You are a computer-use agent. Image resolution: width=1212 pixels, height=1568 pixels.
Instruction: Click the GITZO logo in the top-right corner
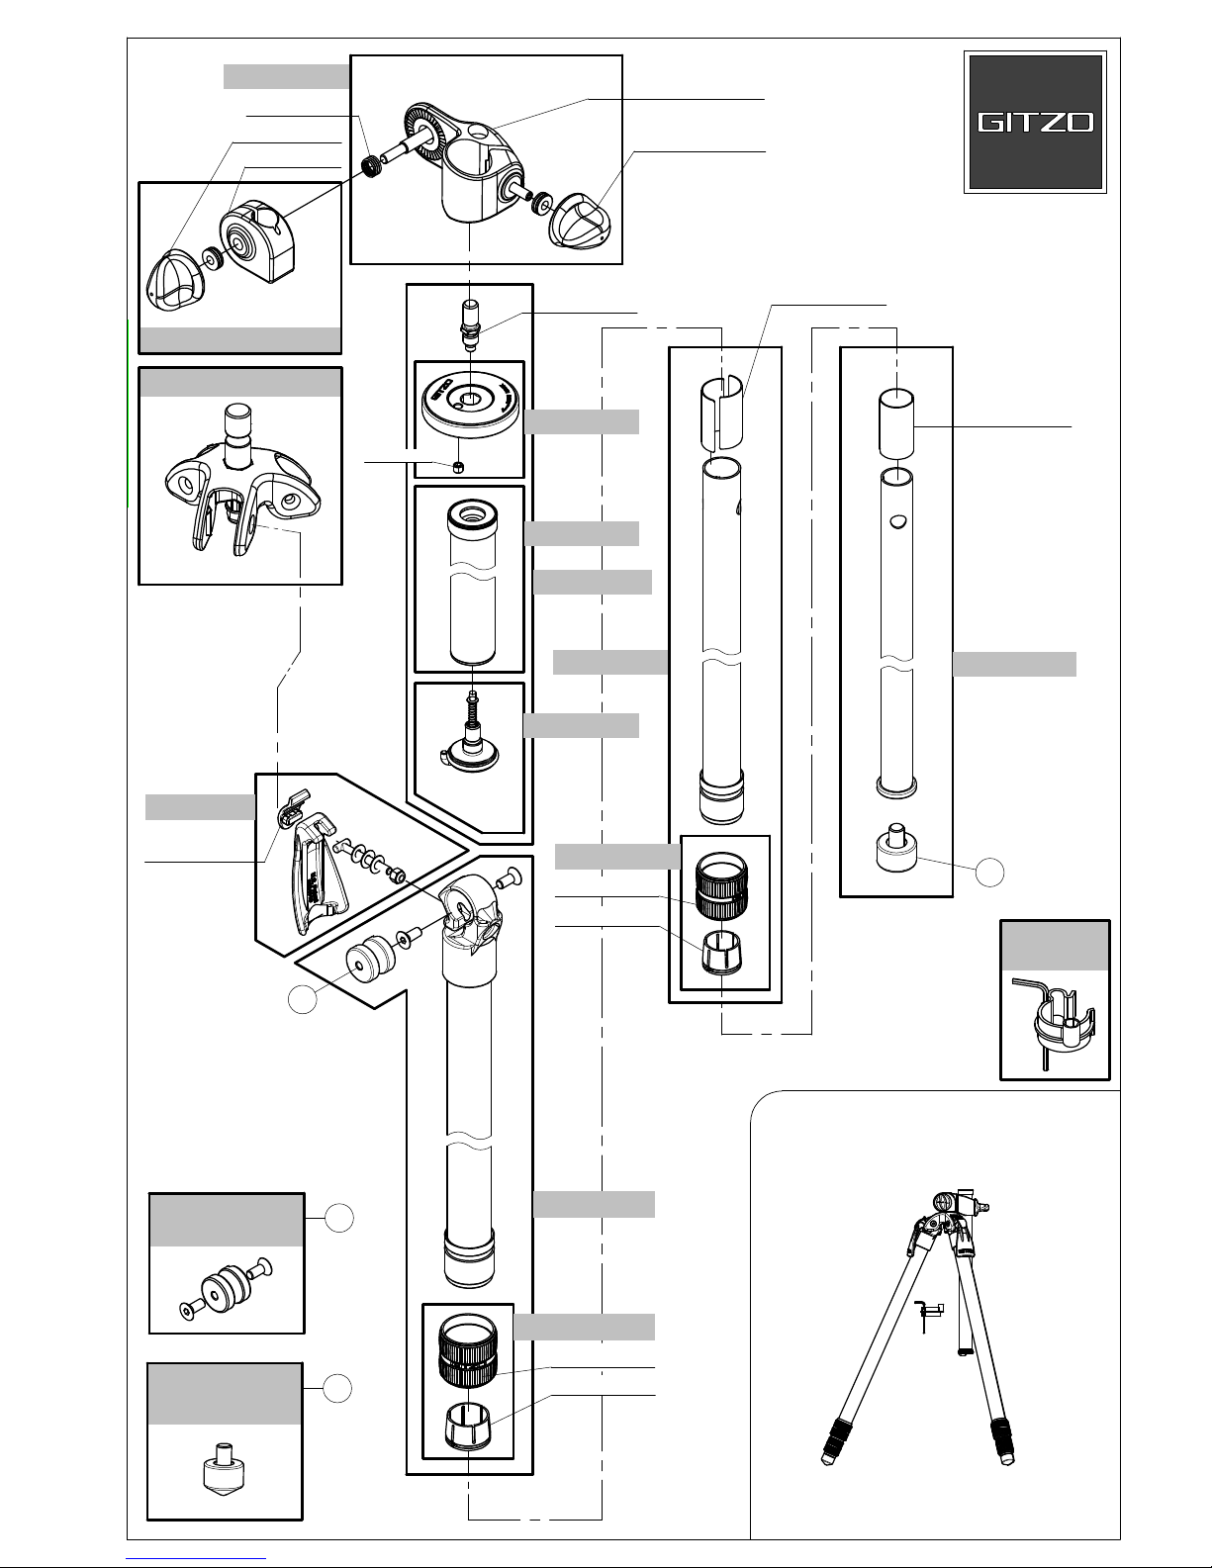[1035, 122]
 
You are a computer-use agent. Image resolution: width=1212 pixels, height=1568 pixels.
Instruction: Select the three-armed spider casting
[242, 480]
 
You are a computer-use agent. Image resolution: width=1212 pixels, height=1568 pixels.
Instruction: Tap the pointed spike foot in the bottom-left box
[223, 1467]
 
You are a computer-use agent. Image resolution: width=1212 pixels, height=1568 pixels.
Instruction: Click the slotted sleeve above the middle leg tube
[721, 412]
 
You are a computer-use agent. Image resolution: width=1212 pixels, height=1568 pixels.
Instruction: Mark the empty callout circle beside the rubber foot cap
[989, 873]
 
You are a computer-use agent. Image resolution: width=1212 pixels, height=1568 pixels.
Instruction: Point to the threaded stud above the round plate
[470, 324]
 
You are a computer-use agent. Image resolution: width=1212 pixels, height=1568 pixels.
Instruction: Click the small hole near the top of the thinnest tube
[896, 520]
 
